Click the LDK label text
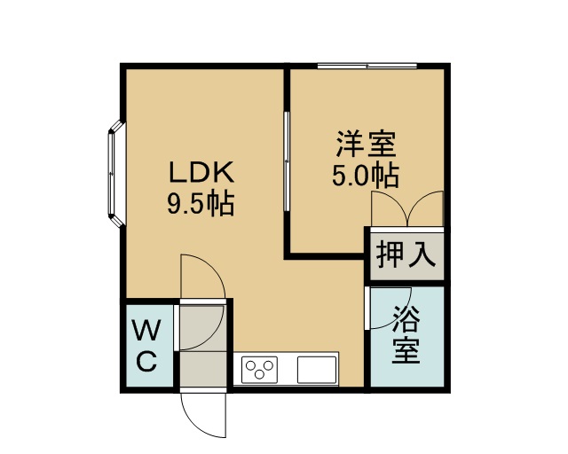tap(201, 172)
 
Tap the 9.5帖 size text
tap(201, 204)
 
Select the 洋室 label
tap(367, 144)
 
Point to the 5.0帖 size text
tap(366, 176)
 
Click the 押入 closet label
tap(406, 254)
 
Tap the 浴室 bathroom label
tap(406, 335)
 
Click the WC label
tap(146, 346)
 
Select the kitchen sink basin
tap(317, 370)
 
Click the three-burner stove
tap(259, 370)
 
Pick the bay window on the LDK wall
tap(116, 174)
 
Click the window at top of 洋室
tap(367, 66)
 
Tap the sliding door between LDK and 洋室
tap(287, 161)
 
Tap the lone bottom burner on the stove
tap(259, 375)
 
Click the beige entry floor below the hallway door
tap(203, 369)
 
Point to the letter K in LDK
tap(223, 172)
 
